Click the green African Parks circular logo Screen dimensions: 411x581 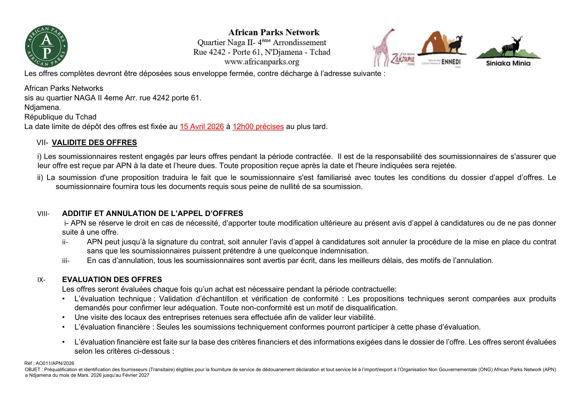46,46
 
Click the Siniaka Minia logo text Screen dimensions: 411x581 508,63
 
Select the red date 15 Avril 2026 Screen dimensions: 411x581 202,126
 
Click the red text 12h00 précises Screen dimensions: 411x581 258,126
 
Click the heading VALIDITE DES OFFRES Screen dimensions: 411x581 94,143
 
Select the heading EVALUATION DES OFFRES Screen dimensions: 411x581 112,280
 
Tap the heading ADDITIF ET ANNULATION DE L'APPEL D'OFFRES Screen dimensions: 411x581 152,214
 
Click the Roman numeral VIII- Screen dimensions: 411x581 43,214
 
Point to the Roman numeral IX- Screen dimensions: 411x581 41,280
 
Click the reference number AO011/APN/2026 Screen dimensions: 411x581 55,364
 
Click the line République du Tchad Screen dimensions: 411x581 60,117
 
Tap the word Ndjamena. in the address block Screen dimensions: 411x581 42,108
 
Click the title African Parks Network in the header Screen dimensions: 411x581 274,32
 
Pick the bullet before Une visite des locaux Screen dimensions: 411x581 64,317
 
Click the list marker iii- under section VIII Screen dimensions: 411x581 66,261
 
